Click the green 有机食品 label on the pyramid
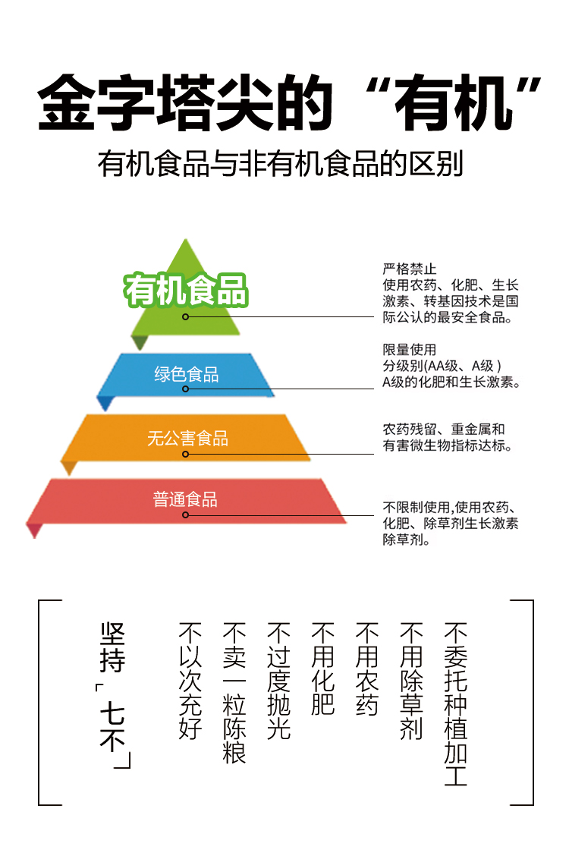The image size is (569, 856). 187,289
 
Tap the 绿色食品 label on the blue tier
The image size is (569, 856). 186,374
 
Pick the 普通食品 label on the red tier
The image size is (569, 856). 185,499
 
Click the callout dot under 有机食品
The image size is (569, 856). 186,316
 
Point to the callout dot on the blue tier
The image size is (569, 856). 186,391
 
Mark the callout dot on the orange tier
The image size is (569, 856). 186,454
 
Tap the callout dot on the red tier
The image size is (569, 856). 186,515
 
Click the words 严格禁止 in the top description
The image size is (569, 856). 410,269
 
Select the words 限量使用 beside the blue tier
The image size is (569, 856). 410,350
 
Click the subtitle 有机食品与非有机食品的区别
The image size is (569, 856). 281,164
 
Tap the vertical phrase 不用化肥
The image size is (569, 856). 323,669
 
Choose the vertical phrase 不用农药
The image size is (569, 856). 367,669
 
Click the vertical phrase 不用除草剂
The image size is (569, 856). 411,681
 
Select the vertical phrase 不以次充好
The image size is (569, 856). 190,681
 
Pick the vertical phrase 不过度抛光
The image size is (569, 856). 279,681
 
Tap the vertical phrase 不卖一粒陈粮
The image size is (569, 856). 234,692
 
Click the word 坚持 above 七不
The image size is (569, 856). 112,647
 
